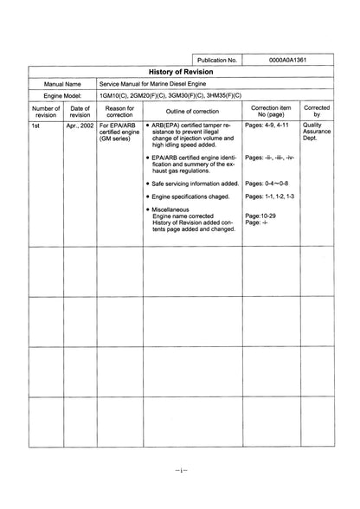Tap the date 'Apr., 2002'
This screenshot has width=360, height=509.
click(x=80, y=126)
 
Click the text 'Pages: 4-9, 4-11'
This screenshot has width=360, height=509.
click(x=269, y=126)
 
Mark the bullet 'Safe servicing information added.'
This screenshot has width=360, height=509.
click(x=196, y=184)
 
